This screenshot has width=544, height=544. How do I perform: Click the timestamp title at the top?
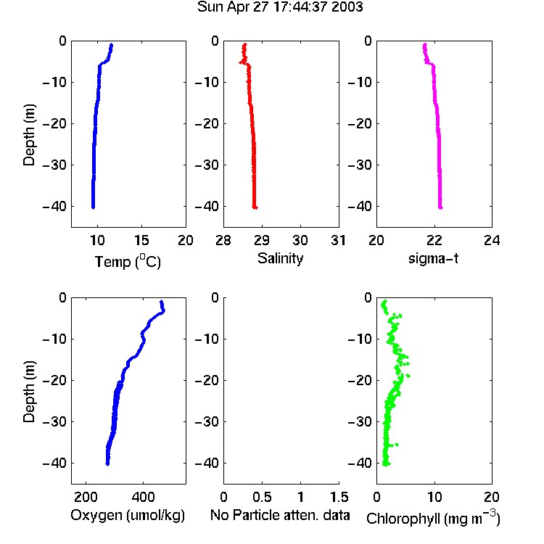(280, 7)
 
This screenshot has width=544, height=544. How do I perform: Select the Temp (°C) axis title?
(128, 261)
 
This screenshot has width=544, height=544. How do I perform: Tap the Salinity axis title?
(280, 258)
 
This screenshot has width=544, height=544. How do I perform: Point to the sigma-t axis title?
(433, 258)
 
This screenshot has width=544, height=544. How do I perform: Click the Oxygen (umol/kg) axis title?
(128, 515)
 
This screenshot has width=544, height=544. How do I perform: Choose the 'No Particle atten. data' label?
(280, 515)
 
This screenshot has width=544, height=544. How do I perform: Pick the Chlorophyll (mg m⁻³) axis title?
(433, 518)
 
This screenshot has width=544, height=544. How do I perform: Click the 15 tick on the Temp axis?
(141, 240)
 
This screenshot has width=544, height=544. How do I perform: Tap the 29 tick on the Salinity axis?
(262, 240)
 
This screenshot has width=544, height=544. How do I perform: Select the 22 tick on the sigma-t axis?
(434, 240)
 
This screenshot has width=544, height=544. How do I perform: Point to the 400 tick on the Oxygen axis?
(144, 497)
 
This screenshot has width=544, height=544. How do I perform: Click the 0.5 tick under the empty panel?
(262, 497)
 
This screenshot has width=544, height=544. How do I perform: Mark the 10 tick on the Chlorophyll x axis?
(434, 497)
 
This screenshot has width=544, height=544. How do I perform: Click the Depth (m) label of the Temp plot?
(29, 135)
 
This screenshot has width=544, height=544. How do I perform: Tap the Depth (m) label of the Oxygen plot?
(29, 392)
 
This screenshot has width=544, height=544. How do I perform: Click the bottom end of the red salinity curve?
(255, 207)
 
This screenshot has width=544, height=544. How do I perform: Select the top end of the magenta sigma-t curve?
(424, 45)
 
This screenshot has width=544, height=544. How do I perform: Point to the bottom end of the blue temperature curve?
(93, 207)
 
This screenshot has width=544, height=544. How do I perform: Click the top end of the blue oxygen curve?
(161, 302)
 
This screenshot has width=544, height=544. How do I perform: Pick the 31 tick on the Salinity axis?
(339, 240)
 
